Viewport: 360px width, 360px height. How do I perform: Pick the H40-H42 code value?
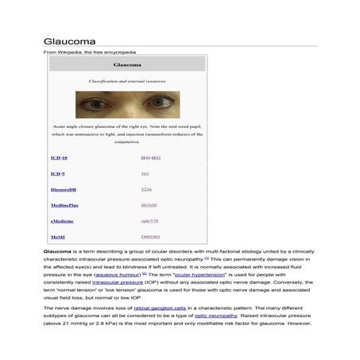(x=150, y=158)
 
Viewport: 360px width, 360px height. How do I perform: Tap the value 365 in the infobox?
(x=145, y=173)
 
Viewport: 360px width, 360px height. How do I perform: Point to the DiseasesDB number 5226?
(x=146, y=189)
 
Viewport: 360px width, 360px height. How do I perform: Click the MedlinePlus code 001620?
(x=149, y=205)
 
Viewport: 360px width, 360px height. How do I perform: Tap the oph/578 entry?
(x=149, y=221)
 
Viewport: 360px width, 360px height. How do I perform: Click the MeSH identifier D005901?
(x=150, y=237)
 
